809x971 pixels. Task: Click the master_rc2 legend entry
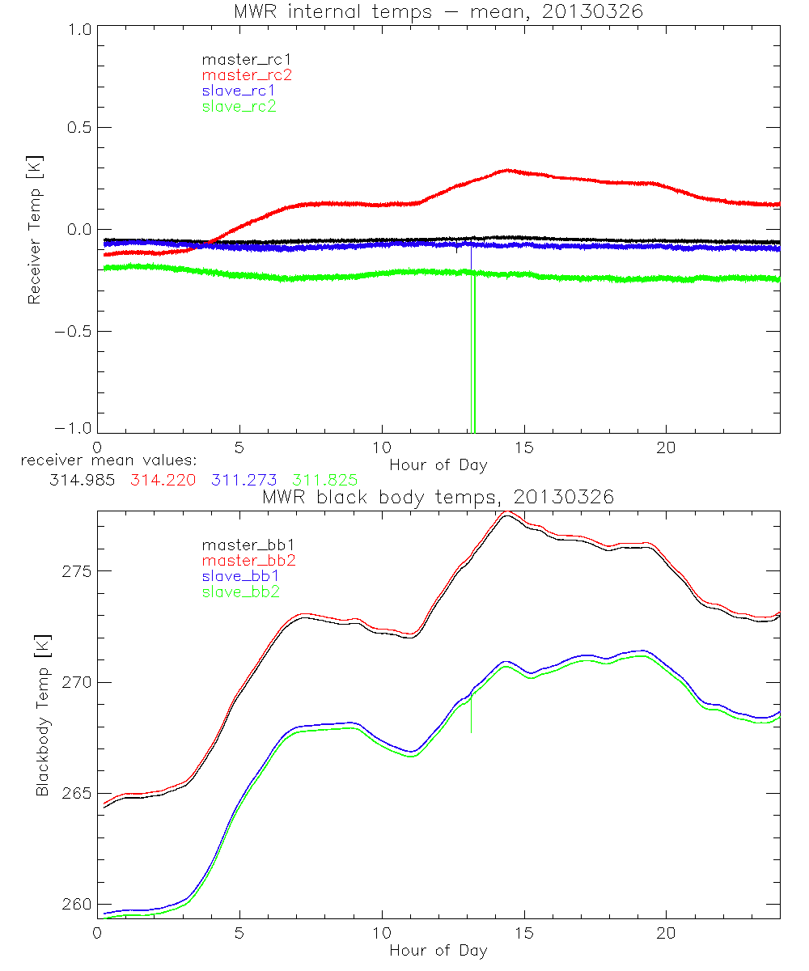pos(247,74)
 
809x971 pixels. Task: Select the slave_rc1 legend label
pos(239,90)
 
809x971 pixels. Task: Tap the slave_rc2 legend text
pos(239,106)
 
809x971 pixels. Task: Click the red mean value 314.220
pos(161,481)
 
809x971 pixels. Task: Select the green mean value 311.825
pos(325,481)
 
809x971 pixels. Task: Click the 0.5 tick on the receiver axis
pos(78,128)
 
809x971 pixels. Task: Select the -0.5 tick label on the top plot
pos(73,332)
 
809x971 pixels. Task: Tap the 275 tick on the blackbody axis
pos(78,571)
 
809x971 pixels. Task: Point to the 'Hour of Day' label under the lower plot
pos(438,951)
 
